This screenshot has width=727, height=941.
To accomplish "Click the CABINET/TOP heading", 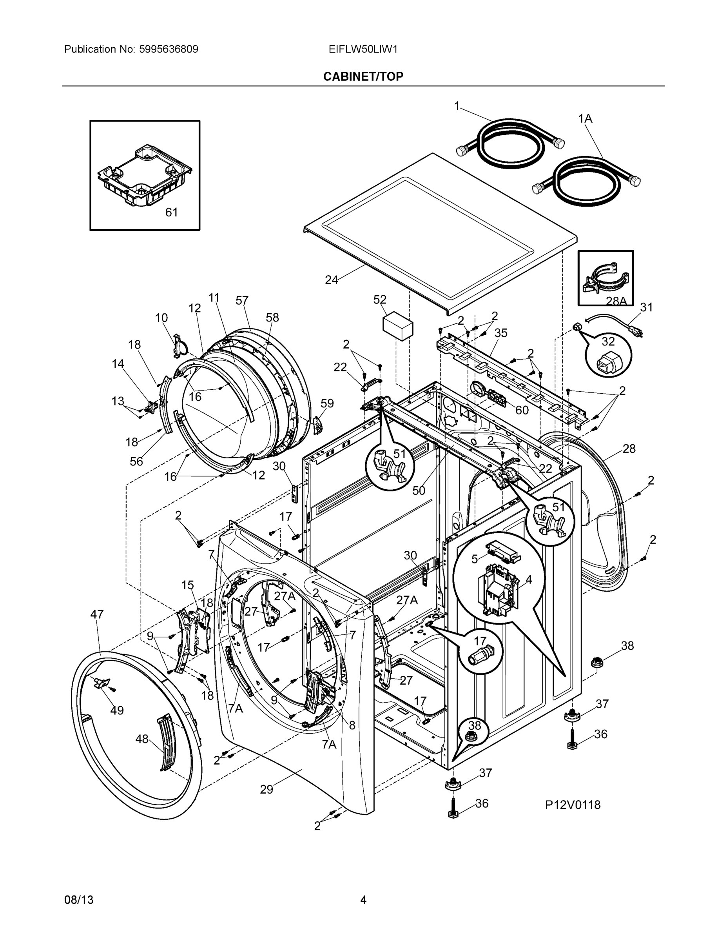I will click(363, 76).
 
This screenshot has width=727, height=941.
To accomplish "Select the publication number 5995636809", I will click(169, 49).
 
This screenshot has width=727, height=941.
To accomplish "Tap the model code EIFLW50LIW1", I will click(363, 49).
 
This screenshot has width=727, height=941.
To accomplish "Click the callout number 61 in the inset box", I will click(171, 212).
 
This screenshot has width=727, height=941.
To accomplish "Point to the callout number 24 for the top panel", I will click(331, 280).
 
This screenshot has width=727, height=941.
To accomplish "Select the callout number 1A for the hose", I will click(585, 118).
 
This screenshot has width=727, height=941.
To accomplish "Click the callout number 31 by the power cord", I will click(646, 307).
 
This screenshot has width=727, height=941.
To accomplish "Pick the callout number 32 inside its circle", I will click(608, 341).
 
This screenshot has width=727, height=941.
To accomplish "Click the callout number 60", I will click(522, 410).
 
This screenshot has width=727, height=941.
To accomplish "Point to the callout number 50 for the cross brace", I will click(419, 490).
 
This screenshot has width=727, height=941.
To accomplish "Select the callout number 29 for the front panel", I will click(266, 789).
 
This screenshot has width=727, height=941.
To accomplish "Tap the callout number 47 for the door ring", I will click(97, 614).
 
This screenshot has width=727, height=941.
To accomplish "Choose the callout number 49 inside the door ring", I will click(117, 710).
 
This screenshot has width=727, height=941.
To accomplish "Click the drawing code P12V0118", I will click(572, 805).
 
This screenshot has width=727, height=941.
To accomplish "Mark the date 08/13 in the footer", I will click(78, 900).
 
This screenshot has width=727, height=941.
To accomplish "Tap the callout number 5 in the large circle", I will click(474, 559).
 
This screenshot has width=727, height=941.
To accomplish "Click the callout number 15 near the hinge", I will click(187, 585).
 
